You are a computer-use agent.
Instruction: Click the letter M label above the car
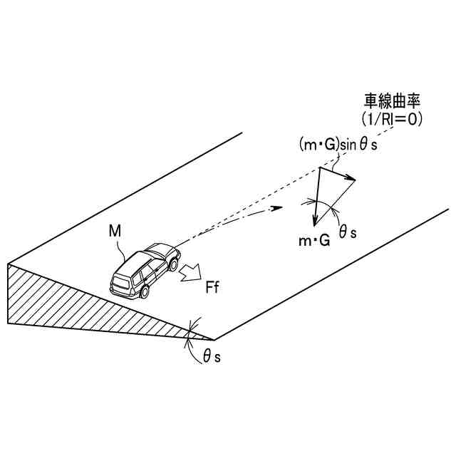click(114, 232)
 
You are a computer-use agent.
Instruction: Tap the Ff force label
click(212, 289)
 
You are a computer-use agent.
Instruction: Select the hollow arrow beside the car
click(191, 273)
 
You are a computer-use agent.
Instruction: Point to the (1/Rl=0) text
click(393, 120)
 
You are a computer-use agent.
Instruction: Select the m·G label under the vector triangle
click(313, 242)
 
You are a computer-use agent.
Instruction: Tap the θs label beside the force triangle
click(348, 232)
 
